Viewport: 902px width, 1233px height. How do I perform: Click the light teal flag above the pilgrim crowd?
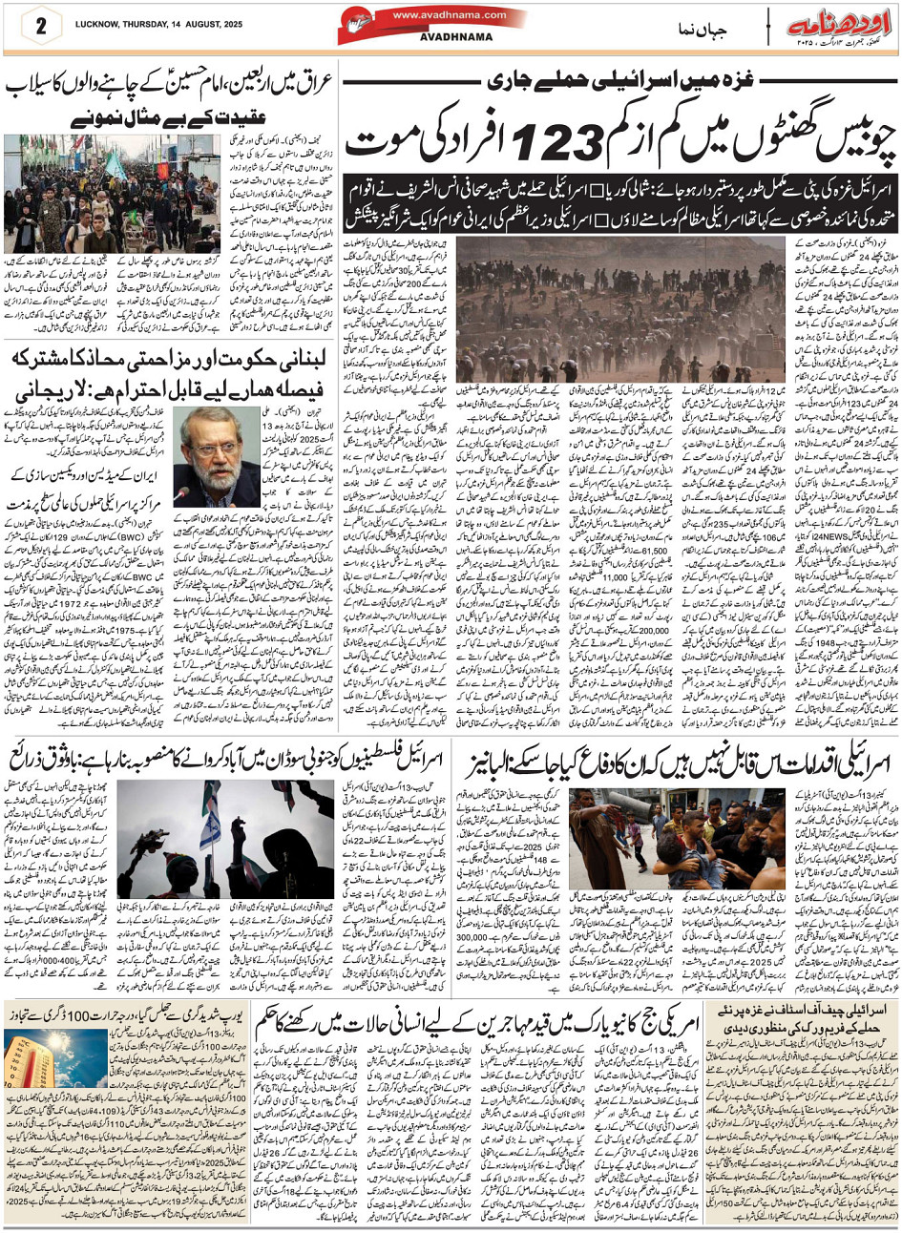pos(115,162)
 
